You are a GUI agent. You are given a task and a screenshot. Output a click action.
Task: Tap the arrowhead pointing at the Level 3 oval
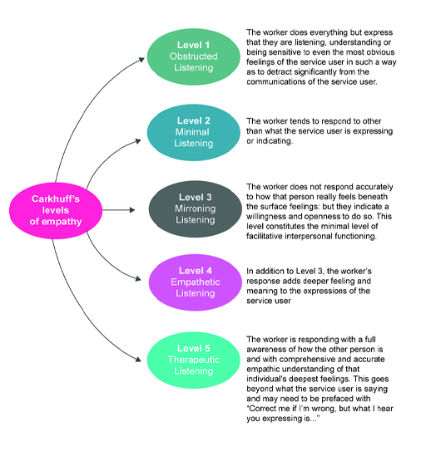click(x=144, y=206)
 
